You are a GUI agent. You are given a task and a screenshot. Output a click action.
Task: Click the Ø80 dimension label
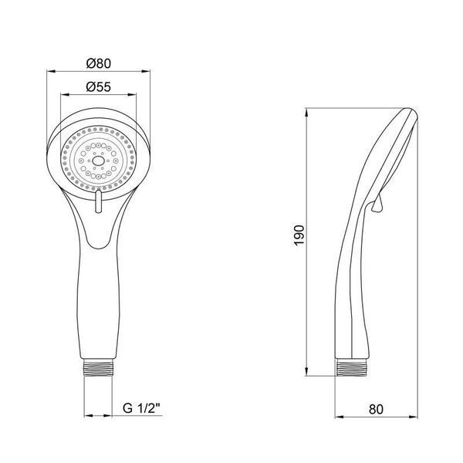pos(99,63)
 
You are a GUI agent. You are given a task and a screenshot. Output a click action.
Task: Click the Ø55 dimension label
pos(99,86)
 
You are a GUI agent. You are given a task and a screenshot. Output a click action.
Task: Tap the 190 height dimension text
pos(299,235)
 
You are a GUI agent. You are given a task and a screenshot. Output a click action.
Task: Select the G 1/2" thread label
pos(141,408)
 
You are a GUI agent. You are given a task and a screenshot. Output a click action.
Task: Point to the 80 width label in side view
pos(376,409)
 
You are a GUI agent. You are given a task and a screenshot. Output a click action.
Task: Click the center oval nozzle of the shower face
pos(98,161)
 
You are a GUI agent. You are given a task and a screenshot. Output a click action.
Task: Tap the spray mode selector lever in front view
pos(98,201)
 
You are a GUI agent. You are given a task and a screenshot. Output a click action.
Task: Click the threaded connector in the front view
pos(98,367)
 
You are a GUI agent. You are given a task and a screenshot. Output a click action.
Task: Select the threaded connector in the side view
pos(351,367)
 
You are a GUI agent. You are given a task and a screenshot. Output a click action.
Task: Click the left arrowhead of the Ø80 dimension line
pos(51,71)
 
